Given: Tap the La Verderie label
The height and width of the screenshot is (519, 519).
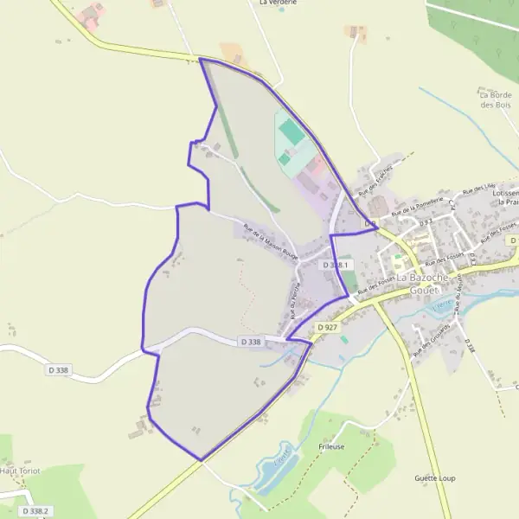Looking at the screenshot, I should point(279,3).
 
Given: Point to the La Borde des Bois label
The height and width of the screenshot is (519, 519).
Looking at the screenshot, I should point(496,99).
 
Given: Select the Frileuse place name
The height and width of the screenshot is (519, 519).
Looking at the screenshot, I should point(331,446).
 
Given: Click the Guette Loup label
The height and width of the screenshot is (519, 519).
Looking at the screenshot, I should point(434,477).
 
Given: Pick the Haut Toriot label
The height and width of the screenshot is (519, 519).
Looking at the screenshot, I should point(21,471).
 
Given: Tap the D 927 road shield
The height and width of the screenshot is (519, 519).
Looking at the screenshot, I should point(327,327).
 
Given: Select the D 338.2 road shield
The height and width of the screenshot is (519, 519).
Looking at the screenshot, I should point(35,511).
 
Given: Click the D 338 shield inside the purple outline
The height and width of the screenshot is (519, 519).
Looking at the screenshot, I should point(251,343).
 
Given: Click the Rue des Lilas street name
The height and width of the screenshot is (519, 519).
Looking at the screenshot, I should point(479,189).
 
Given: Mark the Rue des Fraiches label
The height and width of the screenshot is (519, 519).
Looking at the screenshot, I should point(377,177).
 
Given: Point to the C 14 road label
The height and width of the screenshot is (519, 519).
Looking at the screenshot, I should point(452,206).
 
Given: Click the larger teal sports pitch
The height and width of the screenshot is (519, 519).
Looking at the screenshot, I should point(292,132).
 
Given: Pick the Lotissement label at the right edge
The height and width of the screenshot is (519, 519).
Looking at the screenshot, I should point(505,194).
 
